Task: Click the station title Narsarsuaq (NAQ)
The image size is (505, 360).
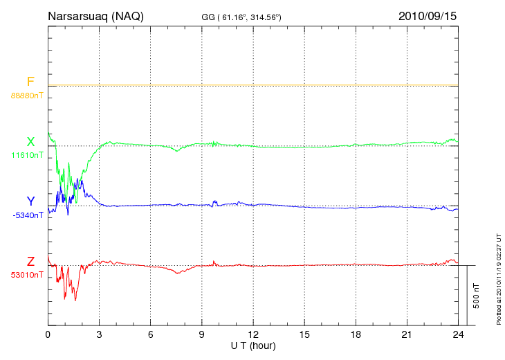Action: [x=95, y=16]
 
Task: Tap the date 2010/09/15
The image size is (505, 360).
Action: [x=428, y=16]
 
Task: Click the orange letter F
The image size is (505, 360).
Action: [x=30, y=82]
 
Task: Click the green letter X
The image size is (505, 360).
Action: [x=30, y=142]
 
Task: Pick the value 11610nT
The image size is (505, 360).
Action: [x=27, y=155]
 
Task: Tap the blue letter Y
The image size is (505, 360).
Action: [x=30, y=201]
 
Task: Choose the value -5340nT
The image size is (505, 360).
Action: [x=27, y=215]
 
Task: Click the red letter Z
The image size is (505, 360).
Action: [x=30, y=262]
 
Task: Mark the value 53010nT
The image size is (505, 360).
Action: [x=27, y=275]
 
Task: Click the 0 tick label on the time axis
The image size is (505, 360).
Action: [x=48, y=334]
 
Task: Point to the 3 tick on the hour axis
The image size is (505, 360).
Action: [x=99, y=334]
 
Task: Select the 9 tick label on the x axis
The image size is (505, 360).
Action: [x=201, y=334]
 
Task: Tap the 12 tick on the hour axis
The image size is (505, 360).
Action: [x=253, y=334]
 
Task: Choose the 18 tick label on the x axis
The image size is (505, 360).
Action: [x=356, y=334]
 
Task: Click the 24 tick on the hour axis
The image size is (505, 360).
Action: [x=458, y=334]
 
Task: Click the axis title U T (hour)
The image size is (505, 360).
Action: [x=253, y=345]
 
